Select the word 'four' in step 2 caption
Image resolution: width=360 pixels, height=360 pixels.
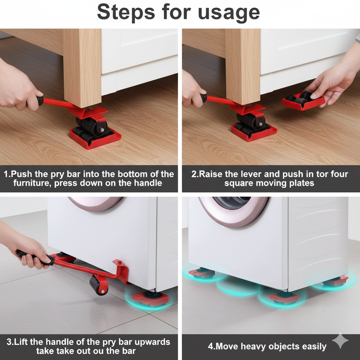[337, 174]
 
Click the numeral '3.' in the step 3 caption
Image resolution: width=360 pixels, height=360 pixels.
[10, 342]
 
